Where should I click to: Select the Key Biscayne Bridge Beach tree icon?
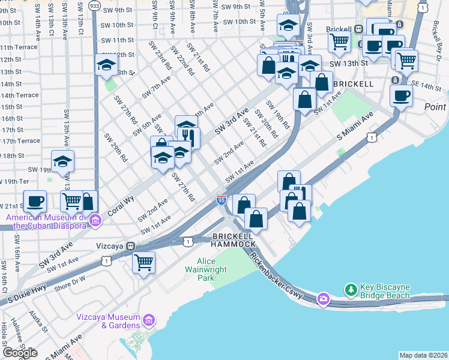(351, 290)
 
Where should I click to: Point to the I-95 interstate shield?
(221, 199)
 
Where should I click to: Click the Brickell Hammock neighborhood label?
(234, 240)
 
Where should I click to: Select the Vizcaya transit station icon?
(130, 246)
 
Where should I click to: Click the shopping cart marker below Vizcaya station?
(144, 262)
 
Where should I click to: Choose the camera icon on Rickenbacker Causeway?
(324, 298)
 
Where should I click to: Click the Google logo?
(20, 353)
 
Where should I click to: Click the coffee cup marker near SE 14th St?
(401, 95)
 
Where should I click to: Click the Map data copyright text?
(423, 355)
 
